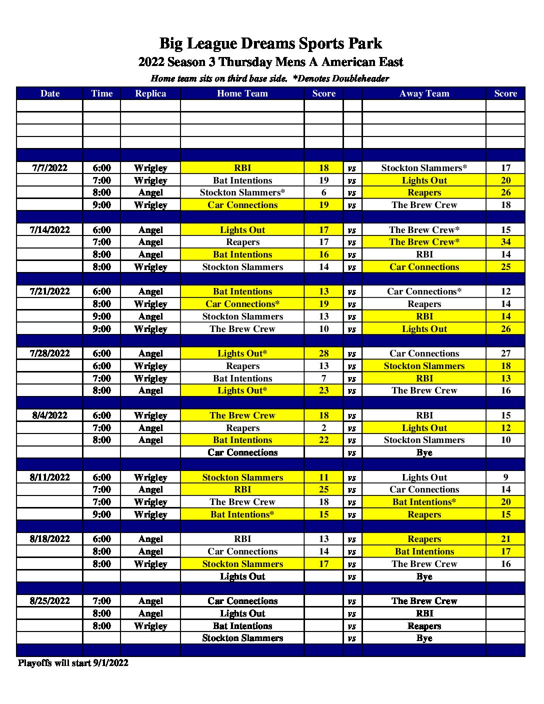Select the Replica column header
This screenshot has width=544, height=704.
[x=150, y=93]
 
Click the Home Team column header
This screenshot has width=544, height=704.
[x=242, y=93]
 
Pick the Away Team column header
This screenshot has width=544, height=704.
[x=424, y=93]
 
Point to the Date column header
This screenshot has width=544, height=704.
[x=50, y=93]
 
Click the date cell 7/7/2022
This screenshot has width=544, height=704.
[x=50, y=168]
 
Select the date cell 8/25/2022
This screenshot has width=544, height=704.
[x=50, y=601]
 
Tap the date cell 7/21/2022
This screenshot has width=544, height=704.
[x=50, y=291]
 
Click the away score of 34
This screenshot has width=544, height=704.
[x=505, y=242]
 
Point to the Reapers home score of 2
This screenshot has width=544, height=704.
[x=324, y=428]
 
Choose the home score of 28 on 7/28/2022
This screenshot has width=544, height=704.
[x=324, y=353]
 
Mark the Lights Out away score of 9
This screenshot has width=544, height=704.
[x=505, y=477]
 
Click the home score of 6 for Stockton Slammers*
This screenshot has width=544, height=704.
[x=324, y=192]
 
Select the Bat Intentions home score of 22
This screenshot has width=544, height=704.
[x=324, y=440]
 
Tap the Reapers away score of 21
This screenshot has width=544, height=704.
[x=505, y=539]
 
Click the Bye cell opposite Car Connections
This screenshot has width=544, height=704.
[x=424, y=452]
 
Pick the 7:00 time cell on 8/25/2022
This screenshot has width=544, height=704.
[x=101, y=601]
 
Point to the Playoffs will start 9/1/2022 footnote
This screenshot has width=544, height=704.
[x=73, y=663]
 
